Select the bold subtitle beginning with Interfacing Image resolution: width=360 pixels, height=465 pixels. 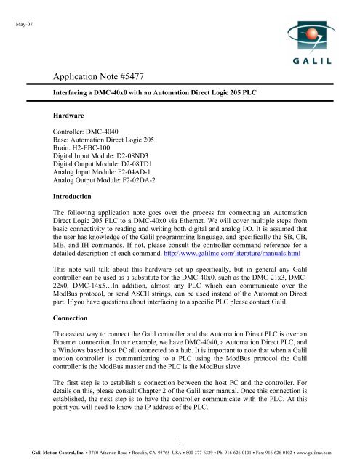[x=169, y=95]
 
